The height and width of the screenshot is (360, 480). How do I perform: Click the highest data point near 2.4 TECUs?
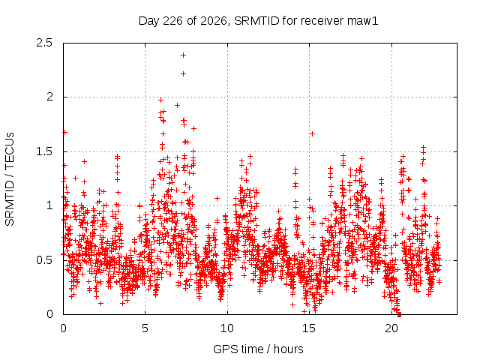point(183,55)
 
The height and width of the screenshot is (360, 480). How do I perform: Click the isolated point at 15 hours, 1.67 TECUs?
point(312,133)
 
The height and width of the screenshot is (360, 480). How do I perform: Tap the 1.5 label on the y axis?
point(44,151)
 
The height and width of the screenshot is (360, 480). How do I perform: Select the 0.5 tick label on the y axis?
point(44,260)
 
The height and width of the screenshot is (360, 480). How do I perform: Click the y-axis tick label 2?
point(49,97)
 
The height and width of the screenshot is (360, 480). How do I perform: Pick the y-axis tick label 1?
point(49,205)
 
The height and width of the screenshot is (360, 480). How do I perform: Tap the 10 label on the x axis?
point(226,328)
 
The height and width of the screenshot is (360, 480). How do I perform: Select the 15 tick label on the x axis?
point(309,328)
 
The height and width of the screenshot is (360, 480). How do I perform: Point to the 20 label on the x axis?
point(391,328)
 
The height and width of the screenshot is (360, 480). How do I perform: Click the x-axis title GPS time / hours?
point(258,349)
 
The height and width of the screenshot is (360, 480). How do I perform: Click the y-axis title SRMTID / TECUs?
point(10,179)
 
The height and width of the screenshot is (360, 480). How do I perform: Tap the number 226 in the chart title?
point(173,21)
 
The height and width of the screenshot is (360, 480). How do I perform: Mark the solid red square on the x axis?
point(399,315)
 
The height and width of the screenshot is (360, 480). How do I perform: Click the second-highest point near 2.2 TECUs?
point(183,73)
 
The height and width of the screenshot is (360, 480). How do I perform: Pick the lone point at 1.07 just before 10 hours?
point(217,198)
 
